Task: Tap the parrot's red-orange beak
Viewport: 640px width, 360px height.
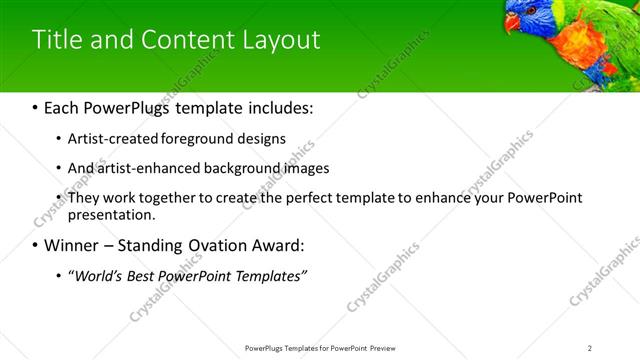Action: (x=512, y=22)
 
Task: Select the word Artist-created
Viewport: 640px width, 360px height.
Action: (x=110, y=139)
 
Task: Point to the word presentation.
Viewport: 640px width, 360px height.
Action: (x=110, y=215)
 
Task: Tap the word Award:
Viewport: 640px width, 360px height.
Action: (x=279, y=245)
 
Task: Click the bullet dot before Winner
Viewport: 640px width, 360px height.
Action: (x=35, y=246)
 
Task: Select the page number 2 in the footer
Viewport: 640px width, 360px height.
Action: (x=590, y=348)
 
